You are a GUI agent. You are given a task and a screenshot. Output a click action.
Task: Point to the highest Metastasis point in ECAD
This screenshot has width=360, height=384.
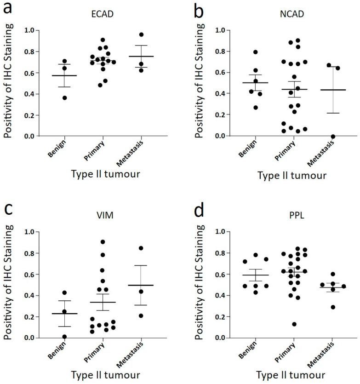pyautogui.click(x=142, y=34)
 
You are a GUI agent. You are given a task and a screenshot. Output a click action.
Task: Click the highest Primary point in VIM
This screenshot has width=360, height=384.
pyautogui.click(x=103, y=242)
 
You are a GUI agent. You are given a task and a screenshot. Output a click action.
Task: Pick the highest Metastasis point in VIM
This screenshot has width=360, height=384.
pyautogui.click(x=141, y=248)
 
